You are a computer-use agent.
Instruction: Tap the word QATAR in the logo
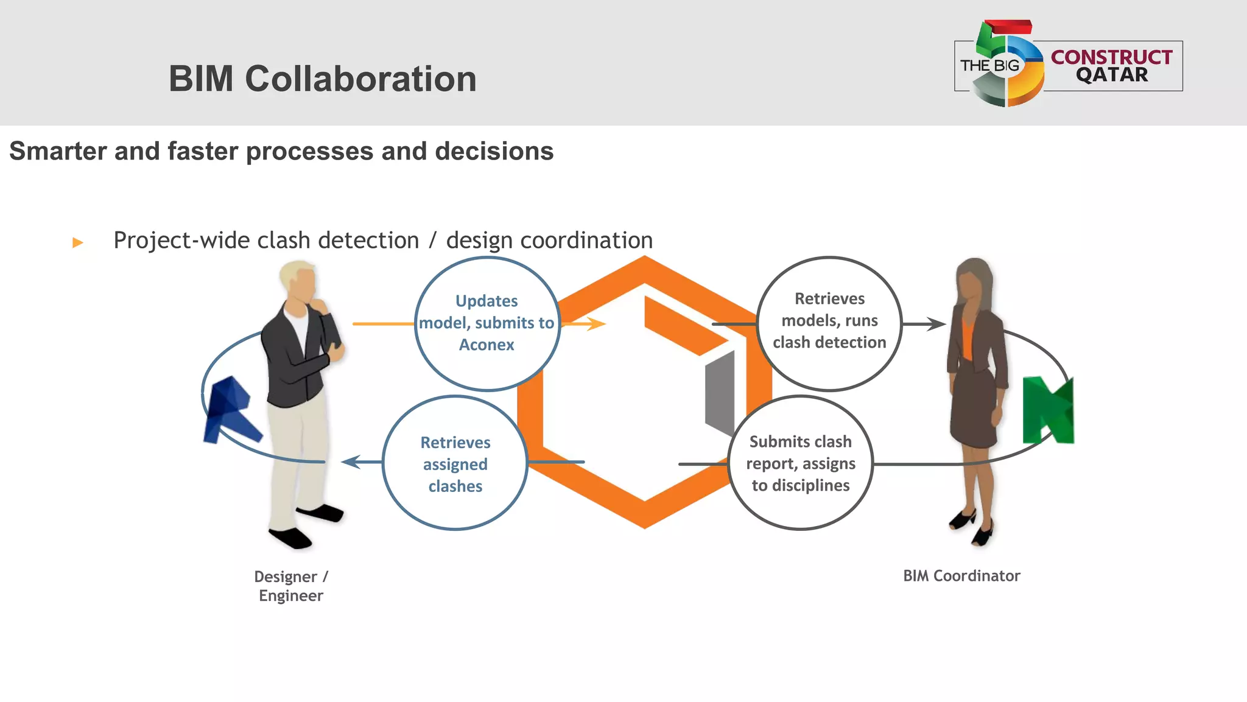pos(1112,75)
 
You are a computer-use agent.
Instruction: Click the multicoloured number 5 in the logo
pos(1008,64)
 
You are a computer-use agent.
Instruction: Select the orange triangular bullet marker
pos(77,242)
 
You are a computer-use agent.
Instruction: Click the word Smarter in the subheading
pos(58,151)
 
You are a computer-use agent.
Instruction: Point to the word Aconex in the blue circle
pos(487,345)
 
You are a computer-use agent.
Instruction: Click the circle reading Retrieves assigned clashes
pos(455,463)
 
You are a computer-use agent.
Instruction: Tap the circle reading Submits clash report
pos(801,463)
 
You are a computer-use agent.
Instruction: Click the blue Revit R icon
pos(230,410)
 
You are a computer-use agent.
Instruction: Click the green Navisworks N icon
pos(1048,410)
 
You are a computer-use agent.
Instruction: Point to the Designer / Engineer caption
pos(291,586)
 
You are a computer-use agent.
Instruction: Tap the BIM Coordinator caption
pos(961,576)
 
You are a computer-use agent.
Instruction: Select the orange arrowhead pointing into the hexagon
pos(596,324)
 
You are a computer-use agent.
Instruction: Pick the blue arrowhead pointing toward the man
pos(352,462)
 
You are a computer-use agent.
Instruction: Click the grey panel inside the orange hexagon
pos(720,393)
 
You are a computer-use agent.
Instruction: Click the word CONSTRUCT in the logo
pos(1111,57)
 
